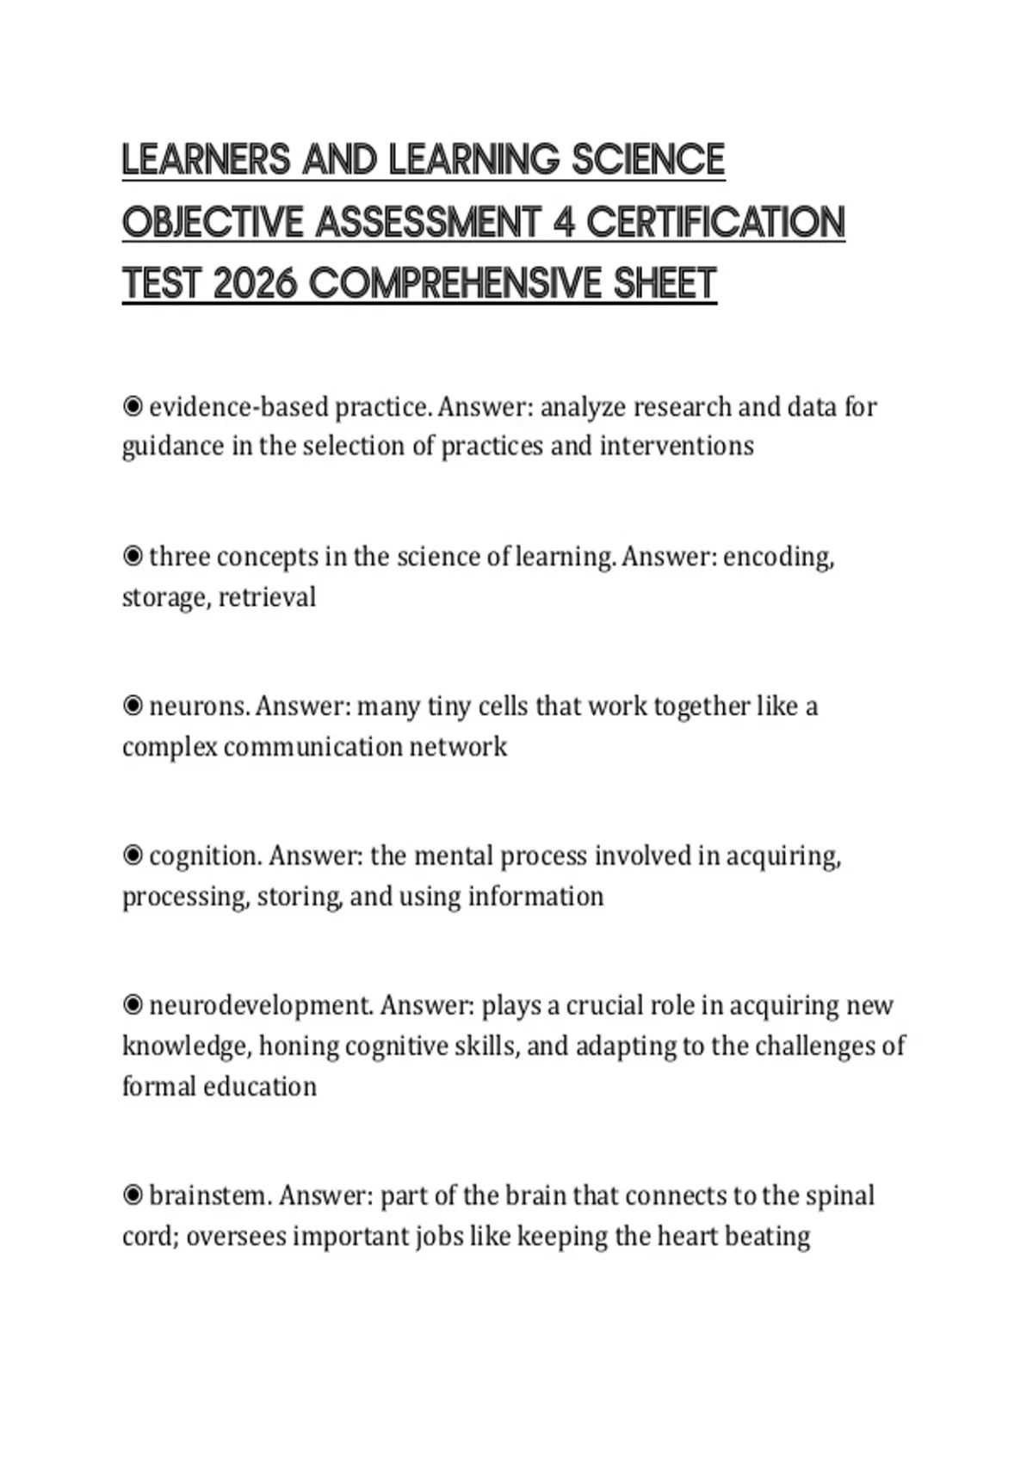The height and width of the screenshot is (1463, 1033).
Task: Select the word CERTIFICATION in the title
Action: [x=715, y=222]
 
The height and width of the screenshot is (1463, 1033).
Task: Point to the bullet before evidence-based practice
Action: [x=133, y=406]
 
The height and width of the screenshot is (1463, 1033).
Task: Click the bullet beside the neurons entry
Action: [x=133, y=707]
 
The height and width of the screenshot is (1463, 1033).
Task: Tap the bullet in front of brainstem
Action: [x=133, y=1195]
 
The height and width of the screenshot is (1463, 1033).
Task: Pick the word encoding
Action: [x=778, y=557]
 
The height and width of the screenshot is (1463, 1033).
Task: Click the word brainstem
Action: [x=210, y=1195]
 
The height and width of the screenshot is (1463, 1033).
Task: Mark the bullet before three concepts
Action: [x=133, y=557]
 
